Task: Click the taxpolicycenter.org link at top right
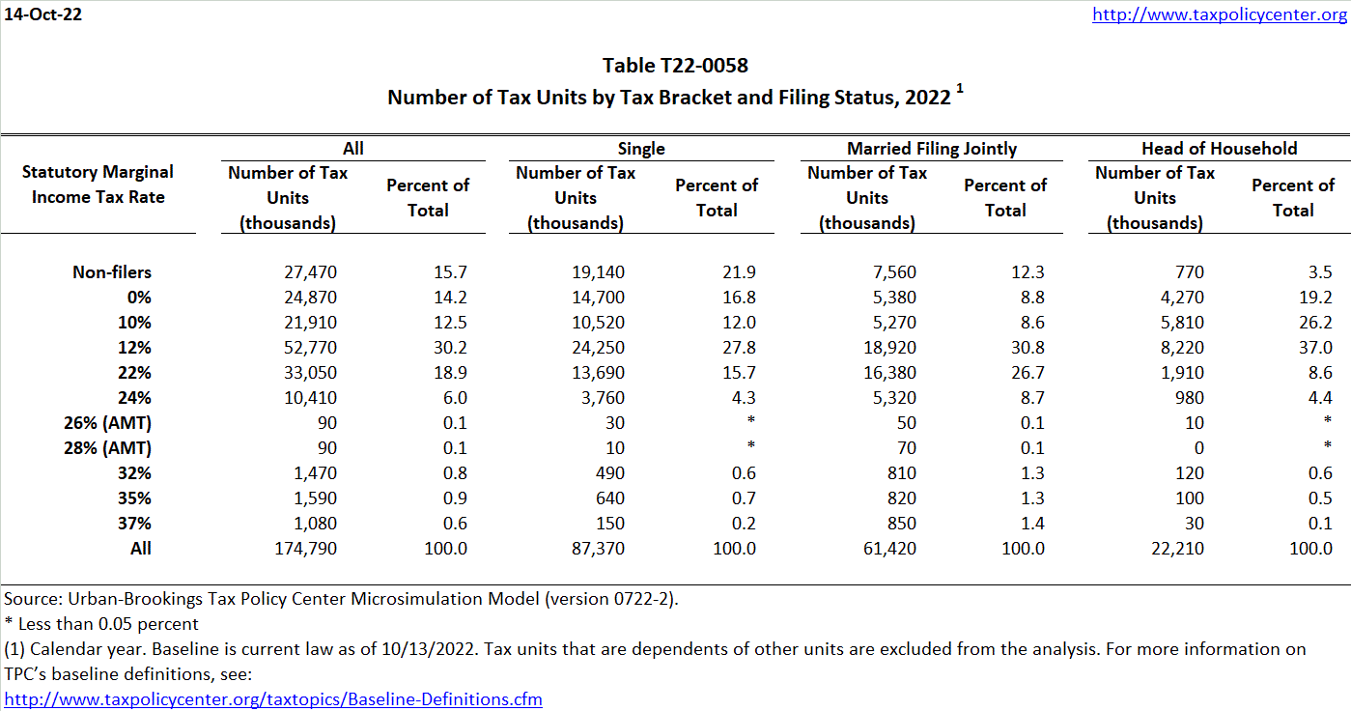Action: pos(1220,14)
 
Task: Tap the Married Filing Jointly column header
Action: pos(931,148)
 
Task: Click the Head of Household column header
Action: pos(1219,148)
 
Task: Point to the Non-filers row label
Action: pos(112,272)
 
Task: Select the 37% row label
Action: pos(132,524)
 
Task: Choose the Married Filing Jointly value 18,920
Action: pos(890,348)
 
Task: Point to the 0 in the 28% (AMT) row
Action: pos(1198,448)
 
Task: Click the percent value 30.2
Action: pos(452,348)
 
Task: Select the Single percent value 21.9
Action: pos(741,272)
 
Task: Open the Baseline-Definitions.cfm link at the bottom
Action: pos(274,698)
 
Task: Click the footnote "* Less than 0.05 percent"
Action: pos(101,623)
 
